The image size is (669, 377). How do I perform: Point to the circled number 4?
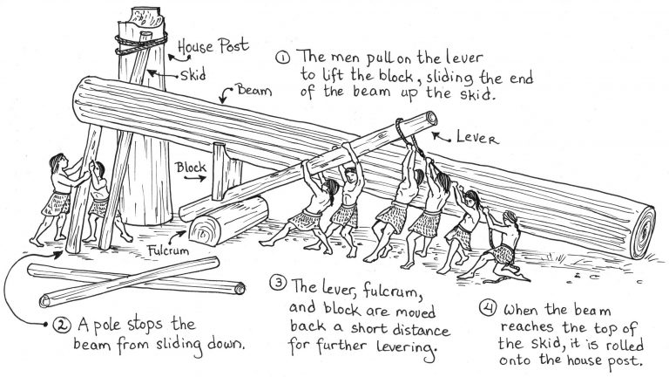coord(488,309)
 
